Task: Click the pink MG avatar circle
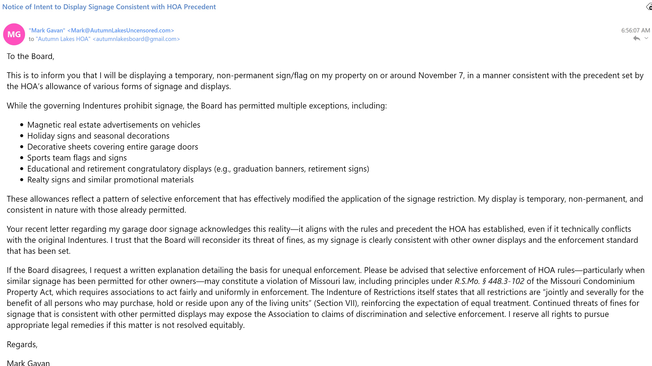14,34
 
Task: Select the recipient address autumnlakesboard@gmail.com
136,39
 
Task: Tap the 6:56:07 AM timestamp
635,30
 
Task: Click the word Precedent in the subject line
200,7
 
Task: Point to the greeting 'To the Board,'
30,56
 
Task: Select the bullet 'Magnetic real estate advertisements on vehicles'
114,125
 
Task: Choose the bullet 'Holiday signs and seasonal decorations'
98,136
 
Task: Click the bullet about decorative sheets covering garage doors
113,147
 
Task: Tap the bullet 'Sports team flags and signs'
77,158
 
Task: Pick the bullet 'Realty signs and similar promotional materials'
110,180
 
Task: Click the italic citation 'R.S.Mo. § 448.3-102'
489,281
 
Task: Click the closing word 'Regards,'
22,345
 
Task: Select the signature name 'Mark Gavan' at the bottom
28,363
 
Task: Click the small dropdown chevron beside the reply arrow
646,38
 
